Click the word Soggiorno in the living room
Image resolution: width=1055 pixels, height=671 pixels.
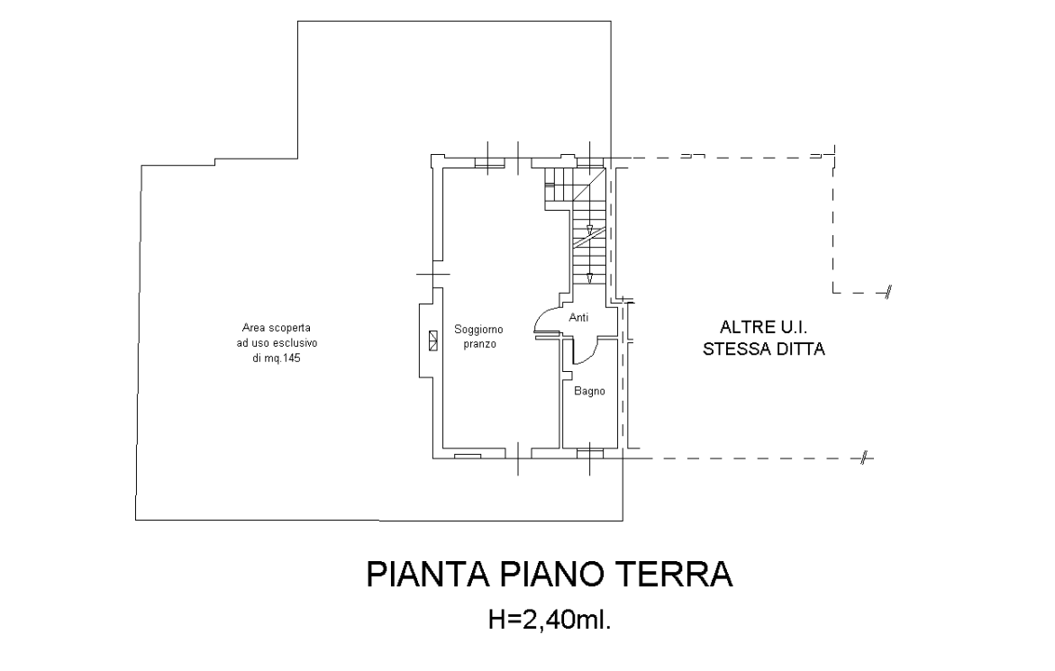[478, 330]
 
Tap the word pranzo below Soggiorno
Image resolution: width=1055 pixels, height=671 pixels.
[479, 344]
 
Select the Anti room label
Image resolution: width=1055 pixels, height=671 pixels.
[578, 317]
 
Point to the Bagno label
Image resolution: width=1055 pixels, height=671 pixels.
[589, 391]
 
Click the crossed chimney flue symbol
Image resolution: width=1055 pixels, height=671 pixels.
[432, 340]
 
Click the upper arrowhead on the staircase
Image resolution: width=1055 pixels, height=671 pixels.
[589, 231]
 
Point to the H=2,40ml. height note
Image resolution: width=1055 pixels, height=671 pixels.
[550, 620]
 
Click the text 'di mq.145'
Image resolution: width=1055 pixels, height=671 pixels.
[277, 358]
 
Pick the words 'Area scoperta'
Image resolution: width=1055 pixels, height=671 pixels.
[277, 328]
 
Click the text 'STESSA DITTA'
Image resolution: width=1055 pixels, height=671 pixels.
[764, 349]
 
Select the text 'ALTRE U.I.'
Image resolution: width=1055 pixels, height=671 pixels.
[764, 328]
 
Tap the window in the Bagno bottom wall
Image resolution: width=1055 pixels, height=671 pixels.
[590, 455]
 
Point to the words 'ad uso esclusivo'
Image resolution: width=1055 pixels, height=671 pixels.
[277, 343]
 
